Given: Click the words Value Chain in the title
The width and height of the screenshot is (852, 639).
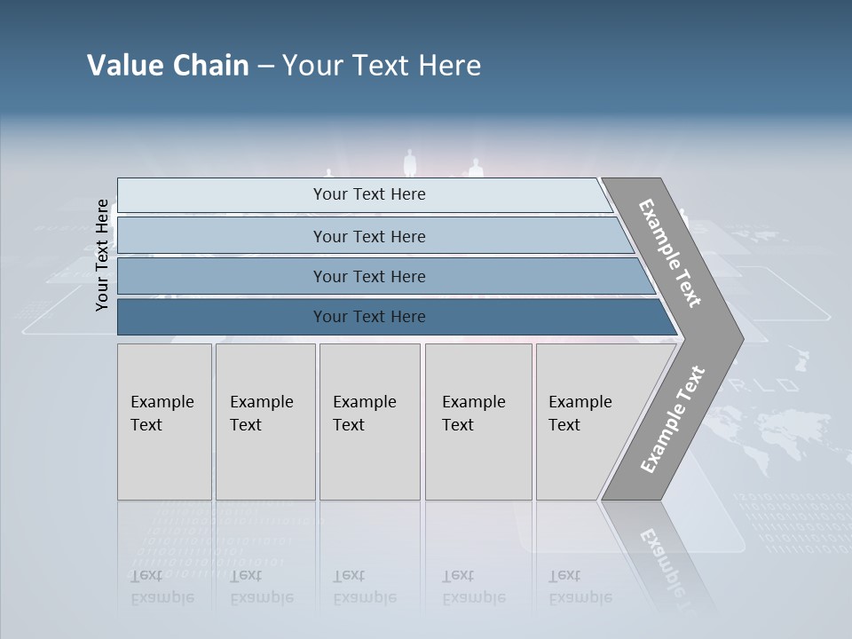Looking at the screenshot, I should pyautogui.click(x=168, y=66).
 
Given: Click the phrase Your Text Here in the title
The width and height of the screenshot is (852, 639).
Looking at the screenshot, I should pyautogui.click(x=382, y=66).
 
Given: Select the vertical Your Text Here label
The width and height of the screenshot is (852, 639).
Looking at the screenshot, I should pyautogui.click(x=102, y=256).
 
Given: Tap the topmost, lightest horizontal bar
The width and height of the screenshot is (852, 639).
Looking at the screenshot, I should pyautogui.click(x=368, y=195).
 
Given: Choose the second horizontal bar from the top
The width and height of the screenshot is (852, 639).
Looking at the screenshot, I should pyautogui.click(x=368, y=236).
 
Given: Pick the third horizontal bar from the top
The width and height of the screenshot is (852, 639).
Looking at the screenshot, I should pyautogui.click(x=368, y=277).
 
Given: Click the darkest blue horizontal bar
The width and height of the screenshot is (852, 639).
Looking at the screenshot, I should pyautogui.click(x=368, y=317).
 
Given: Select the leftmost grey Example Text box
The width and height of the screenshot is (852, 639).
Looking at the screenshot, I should pyautogui.click(x=164, y=422).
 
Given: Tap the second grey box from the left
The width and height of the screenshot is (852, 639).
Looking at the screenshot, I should pyautogui.click(x=264, y=422).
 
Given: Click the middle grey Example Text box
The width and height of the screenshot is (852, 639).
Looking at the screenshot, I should pyautogui.click(x=369, y=422).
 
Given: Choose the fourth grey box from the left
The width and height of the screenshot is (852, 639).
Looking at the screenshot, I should pyautogui.click(x=477, y=422).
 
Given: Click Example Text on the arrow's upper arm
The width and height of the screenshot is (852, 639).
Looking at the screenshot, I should pyautogui.click(x=670, y=253).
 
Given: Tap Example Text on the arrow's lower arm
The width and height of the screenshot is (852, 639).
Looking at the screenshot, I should pyautogui.click(x=672, y=419).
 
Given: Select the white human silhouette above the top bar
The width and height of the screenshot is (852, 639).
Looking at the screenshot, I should pyautogui.click(x=409, y=164).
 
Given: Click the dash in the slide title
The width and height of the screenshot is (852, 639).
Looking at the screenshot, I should pyautogui.click(x=265, y=67).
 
